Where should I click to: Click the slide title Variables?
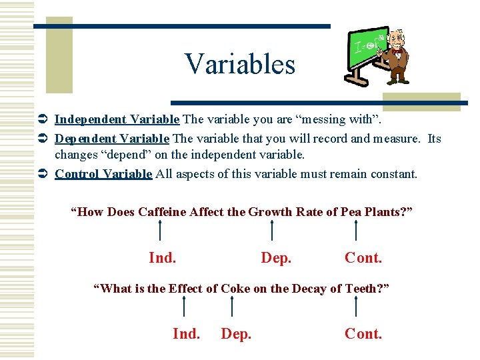coord(240,65)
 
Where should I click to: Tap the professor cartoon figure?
coord(398,57)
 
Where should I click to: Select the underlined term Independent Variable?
coord(117,119)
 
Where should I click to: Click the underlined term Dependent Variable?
coord(112,139)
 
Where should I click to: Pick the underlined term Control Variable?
coord(103,174)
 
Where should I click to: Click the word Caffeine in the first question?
coord(162,212)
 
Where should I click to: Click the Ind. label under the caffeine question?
coord(162,257)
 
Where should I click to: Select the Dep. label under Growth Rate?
coord(276,257)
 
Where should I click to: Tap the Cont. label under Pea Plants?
coord(363,257)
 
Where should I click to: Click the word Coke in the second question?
coord(235,288)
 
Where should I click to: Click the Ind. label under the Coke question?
coord(186,333)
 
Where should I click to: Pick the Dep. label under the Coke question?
coord(236,333)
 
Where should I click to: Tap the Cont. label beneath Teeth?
coord(363,333)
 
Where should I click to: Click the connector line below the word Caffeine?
coord(160,231)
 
